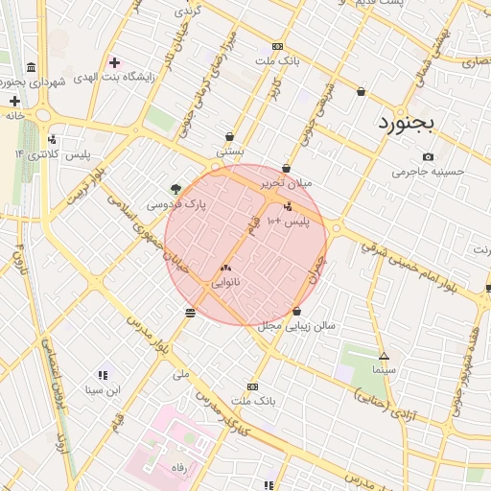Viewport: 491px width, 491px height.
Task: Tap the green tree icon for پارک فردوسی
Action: pyautogui.click(x=175, y=189)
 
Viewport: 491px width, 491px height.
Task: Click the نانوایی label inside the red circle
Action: pyautogui.click(x=225, y=284)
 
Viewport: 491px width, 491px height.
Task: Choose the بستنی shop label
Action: pyautogui.click(x=230, y=151)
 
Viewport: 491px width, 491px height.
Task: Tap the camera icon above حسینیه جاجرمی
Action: pyautogui.click(x=428, y=157)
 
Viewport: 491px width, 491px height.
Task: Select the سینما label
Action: pyautogui.click(x=384, y=369)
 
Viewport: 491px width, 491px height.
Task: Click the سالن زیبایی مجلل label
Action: pyautogui.click(x=296, y=326)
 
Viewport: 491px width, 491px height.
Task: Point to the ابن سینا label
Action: pyautogui.click(x=103, y=389)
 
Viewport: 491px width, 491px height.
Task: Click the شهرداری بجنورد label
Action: pyautogui.click(x=38, y=83)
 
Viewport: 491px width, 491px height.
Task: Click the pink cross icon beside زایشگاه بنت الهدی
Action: pyautogui.click(x=114, y=63)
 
